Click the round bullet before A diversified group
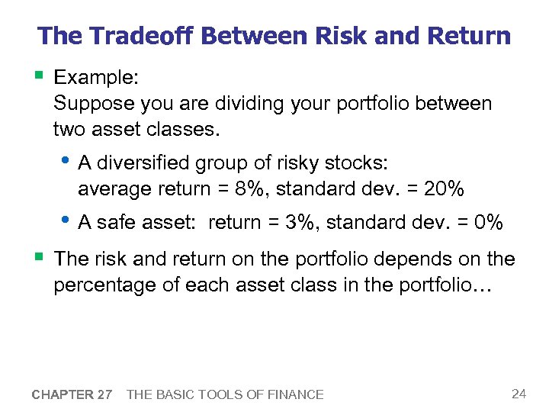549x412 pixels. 66,162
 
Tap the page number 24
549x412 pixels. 518,394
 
